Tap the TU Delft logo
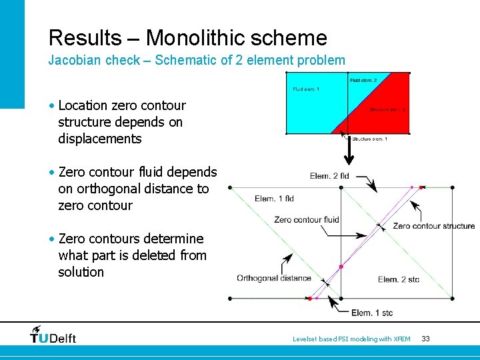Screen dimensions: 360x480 pos(53,335)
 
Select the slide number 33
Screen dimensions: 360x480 pos(425,339)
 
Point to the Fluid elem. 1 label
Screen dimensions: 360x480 pos(306,89)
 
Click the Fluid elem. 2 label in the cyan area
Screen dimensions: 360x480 pos(363,81)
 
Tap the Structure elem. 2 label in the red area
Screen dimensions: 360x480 pos(387,109)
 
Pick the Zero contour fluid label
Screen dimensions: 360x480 pos(306,219)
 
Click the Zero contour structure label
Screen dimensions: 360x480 pos(433,226)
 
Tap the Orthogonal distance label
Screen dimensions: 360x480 pos(273,278)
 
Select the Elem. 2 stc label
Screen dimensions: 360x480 pos(398,279)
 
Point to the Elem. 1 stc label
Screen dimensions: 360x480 pos(372,313)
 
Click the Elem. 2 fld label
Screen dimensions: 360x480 pos(329,176)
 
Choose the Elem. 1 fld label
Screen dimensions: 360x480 pos(274,199)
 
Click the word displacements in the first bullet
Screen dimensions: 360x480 pos(100,139)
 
